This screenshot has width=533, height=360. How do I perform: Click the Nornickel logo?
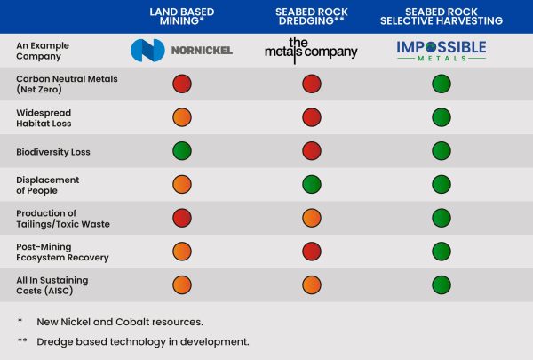(181, 50)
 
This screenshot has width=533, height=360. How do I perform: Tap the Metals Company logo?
(311, 50)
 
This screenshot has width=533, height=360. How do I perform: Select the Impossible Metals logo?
(442, 50)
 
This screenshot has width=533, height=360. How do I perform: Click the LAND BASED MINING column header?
(181, 16)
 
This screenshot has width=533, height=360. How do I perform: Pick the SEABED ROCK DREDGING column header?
(311, 16)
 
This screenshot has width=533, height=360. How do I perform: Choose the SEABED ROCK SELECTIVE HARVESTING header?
(442, 16)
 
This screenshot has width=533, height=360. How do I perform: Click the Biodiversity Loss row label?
(53, 152)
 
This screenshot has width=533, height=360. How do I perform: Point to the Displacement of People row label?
(48, 185)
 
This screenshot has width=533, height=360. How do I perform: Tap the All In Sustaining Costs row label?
(54, 285)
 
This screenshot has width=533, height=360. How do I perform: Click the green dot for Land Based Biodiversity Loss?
(181, 152)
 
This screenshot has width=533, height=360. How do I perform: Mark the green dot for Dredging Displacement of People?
(311, 185)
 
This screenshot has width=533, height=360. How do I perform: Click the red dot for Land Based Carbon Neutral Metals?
(181, 84)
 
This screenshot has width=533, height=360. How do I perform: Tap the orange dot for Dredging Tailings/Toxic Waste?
(311, 219)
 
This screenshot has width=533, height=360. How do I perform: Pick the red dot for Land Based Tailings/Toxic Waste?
(181, 219)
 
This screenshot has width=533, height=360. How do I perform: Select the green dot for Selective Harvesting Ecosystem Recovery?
(442, 252)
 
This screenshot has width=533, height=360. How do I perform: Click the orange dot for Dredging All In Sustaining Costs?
(311, 285)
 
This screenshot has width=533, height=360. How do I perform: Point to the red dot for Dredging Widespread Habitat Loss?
(311, 118)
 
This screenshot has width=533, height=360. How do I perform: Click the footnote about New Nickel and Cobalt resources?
(119, 320)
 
